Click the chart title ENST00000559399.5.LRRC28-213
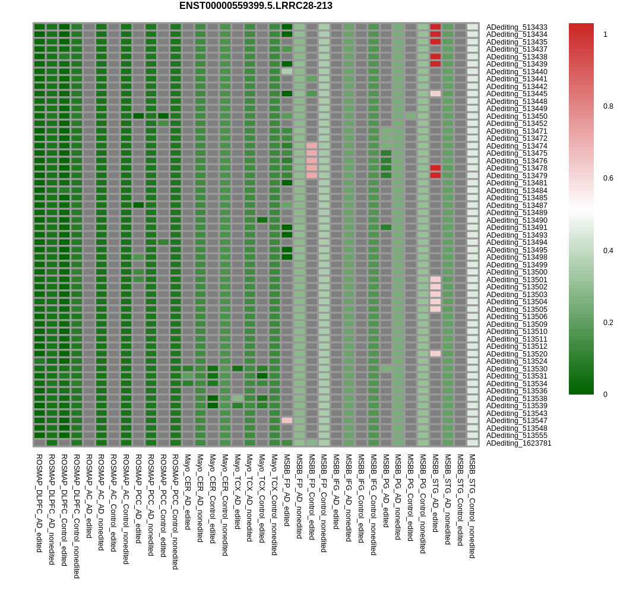point(255,6)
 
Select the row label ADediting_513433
point(517,27)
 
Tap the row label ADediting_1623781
point(518,443)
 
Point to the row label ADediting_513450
point(517,116)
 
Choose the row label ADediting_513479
point(517,176)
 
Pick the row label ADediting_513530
point(517,369)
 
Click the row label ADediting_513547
point(517,421)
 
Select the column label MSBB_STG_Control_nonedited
point(472,506)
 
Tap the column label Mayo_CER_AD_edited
point(187,491)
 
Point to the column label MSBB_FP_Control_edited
point(311,496)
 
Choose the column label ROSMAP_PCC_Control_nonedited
point(175,511)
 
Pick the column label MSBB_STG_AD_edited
point(435,493)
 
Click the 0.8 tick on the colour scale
point(608,106)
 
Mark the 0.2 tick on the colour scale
point(608,323)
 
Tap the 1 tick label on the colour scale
point(605,34)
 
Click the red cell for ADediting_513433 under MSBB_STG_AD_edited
point(435,27)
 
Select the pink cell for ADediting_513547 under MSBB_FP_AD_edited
point(287,421)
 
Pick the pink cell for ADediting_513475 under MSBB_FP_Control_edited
point(312,153)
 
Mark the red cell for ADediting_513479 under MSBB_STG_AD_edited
point(435,175)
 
